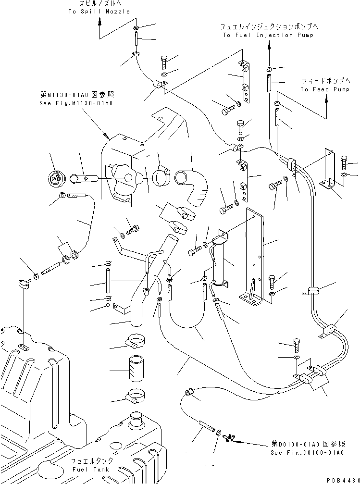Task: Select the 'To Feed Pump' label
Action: pyautogui.click(x=325, y=89)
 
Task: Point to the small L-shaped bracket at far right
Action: pyautogui.click(x=329, y=171)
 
